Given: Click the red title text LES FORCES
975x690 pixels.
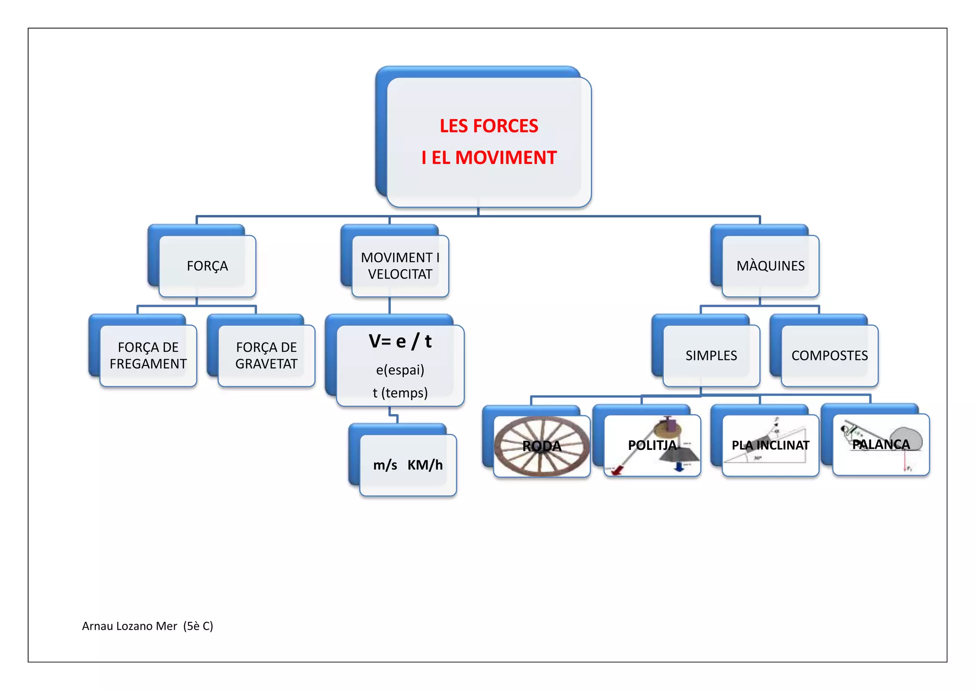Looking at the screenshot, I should coord(489,126).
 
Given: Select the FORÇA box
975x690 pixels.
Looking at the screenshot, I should coord(207,266).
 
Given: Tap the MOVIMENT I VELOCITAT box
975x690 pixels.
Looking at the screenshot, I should coord(400,266).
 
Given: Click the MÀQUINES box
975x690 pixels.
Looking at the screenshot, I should coord(770,266).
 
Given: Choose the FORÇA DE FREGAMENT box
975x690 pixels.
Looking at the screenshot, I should coord(148,355).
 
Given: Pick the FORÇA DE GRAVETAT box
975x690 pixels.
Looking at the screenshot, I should coord(266,355).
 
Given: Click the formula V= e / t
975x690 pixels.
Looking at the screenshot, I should coord(400,341).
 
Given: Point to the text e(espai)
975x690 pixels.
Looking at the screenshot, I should coord(400,370).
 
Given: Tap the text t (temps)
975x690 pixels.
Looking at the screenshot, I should coord(400,393).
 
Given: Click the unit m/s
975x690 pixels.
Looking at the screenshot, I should coord(385,465).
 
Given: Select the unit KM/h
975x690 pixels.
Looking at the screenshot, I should coord(425,465).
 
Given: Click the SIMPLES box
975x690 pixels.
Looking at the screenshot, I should coord(711,355).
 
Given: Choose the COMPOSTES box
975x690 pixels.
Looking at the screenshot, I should coord(829,355).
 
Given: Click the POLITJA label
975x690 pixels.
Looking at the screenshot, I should coord(652,445).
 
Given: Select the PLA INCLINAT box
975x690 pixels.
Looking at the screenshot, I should coord(770,445).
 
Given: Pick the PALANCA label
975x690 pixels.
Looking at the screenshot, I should coord(881,444).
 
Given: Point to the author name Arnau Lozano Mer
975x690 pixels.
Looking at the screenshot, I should coord(129,626).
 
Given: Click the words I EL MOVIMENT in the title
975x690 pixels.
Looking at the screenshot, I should coord(489,158).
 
